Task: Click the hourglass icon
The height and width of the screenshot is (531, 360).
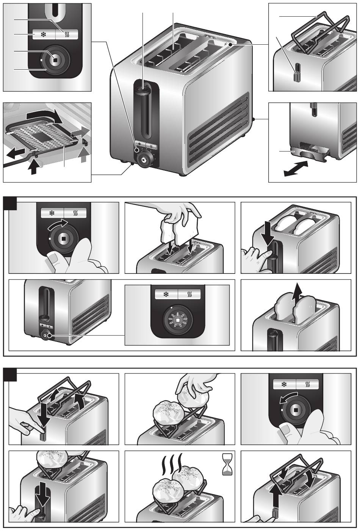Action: (x=227, y=465)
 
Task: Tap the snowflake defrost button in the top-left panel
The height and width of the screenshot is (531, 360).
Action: (x=44, y=34)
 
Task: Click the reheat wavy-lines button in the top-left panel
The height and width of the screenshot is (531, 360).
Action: (x=67, y=34)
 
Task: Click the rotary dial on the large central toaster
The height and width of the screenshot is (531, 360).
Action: (x=145, y=159)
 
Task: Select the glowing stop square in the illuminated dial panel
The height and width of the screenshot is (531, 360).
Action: (x=177, y=321)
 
